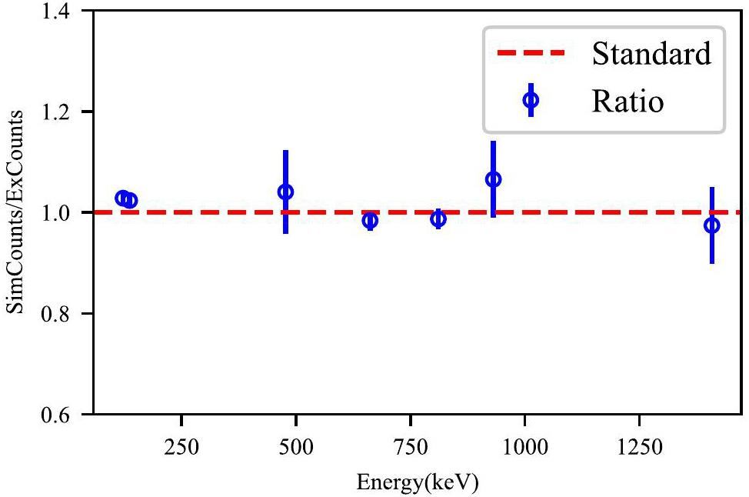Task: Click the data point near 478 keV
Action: [285, 192]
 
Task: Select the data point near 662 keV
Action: [370, 221]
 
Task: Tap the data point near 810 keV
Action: [438, 219]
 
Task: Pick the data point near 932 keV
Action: [494, 179]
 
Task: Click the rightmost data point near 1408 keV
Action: [712, 225]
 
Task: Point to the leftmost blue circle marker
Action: [122, 198]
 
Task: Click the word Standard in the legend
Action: [651, 54]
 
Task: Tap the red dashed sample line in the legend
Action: [531, 54]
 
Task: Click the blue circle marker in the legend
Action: [531, 100]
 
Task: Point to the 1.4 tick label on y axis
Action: [65, 12]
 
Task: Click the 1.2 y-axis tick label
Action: [65, 112]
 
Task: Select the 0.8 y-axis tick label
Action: [65, 314]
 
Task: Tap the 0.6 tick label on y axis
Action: [65, 415]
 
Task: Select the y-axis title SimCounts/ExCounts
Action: [15, 212]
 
